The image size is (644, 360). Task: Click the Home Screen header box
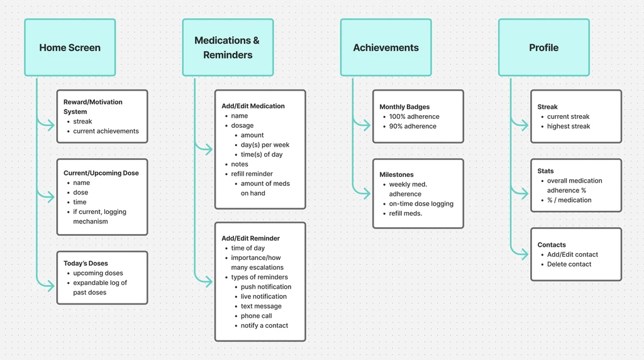point(70,48)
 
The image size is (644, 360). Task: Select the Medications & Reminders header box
point(228,48)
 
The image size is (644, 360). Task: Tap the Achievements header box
point(386,48)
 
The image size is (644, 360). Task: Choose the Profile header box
point(543,48)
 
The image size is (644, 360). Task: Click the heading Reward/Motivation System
point(93,106)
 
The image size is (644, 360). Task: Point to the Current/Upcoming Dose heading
point(101,173)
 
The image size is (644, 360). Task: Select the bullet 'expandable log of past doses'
point(100,288)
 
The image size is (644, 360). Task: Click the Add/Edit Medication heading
point(253,106)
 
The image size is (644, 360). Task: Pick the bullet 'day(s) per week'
point(265,145)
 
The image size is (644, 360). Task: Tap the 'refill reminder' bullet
point(252,174)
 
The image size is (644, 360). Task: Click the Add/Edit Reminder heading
point(250,239)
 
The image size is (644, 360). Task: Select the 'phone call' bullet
point(256,316)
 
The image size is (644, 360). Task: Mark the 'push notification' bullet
point(266,287)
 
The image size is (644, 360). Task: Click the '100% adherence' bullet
point(414,116)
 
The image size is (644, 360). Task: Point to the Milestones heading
point(396,174)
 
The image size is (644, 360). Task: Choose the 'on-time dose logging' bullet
point(421,204)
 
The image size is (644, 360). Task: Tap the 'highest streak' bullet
point(569,127)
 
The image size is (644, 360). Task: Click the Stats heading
point(545,171)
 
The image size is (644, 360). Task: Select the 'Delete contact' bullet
point(569,264)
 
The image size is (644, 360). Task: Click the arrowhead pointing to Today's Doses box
point(50,286)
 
